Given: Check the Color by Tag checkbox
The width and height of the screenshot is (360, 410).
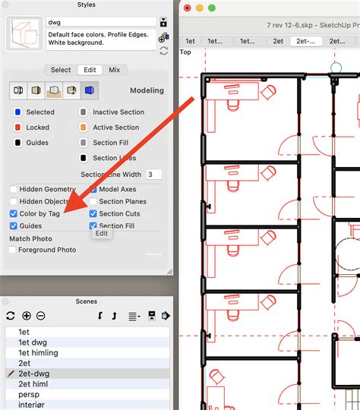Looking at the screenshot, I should (x=14, y=214).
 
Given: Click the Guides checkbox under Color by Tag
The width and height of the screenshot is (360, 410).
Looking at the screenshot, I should (x=14, y=226).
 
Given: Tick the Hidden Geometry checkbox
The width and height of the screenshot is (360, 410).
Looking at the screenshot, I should (x=14, y=190).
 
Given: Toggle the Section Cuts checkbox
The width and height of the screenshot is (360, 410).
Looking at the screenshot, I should (x=93, y=214).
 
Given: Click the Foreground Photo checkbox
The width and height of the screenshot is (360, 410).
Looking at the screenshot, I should (x=14, y=250).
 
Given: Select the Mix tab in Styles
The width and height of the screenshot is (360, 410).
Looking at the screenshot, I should (x=114, y=70).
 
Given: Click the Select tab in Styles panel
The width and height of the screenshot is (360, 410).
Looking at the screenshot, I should (x=61, y=70).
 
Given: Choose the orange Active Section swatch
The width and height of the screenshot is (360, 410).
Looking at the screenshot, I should (x=83, y=128).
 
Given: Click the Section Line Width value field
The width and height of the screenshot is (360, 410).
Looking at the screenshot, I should (x=153, y=175).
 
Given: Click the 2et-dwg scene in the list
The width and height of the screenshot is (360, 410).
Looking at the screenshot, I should (x=34, y=374).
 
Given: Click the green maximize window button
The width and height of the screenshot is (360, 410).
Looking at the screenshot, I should (x=213, y=8).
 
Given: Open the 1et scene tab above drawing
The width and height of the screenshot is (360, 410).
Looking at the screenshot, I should (x=191, y=41).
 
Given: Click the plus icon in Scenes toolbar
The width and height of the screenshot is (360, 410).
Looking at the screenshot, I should (x=27, y=316).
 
